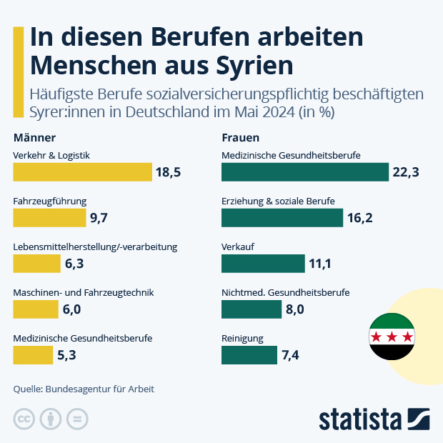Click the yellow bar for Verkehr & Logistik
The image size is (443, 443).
[82, 172]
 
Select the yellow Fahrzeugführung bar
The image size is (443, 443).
[49, 218]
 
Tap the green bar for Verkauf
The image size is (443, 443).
[263, 264]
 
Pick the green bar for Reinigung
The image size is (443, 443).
[249, 355]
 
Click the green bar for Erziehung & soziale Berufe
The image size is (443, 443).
[282, 218]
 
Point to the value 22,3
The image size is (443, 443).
[405, 172]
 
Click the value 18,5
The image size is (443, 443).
[169, 172]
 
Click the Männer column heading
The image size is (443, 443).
[34, 137]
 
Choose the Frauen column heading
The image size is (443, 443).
[240, 137]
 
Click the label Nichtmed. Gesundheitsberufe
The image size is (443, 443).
[286, 292]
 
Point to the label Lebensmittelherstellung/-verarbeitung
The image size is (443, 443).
[95, 247]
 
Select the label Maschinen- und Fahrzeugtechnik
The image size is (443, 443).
[84, 292]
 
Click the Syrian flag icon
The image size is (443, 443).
[391, 337]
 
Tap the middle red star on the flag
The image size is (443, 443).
[391, 337]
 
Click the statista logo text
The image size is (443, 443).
[360, 418]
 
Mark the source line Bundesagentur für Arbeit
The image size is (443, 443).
[84, 389]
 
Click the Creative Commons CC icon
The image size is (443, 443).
[25, 419]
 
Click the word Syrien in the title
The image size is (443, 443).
[254, 64]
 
